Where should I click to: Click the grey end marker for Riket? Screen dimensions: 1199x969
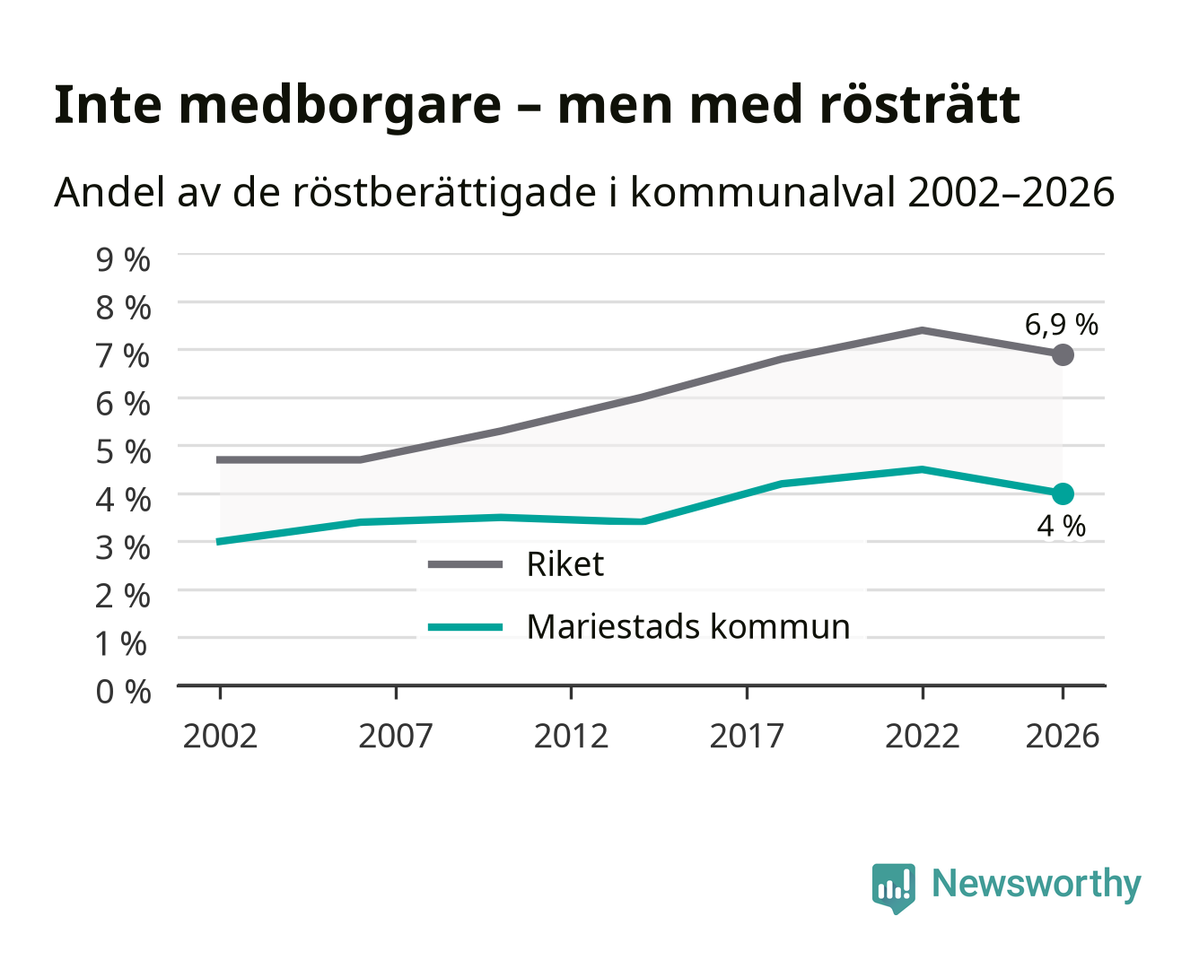(x=1063, y=354)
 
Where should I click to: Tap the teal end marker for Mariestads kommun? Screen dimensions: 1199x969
(x=1063, y=493)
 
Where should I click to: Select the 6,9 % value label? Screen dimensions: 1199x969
(x=1061, y=325)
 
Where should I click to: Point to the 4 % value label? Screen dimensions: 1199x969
(x=1061, y=526)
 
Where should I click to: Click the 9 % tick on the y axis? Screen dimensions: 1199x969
(x=123, y=260)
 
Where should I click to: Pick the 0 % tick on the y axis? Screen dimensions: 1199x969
(x=123, y=692)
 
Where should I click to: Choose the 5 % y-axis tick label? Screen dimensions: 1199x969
(x=123, y=452)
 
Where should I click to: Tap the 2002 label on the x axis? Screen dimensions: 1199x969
(x=220, y=736)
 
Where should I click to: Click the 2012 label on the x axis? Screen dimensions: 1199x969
(x=571, y=736)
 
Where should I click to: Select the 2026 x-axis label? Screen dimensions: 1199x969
(x=1063, y=736)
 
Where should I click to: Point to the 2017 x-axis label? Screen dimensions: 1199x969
(x=747, y=736)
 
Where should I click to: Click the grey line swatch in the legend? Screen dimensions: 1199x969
(x=465, y=564)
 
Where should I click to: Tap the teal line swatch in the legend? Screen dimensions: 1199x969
(x=465, y=627)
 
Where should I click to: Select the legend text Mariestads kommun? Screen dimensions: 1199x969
(x=687, y=627)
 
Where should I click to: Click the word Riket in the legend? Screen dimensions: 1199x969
(x=565, y=563)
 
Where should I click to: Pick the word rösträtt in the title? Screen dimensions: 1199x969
(x=920, y=104)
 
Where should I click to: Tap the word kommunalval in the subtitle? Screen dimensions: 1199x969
(x=763, y=192)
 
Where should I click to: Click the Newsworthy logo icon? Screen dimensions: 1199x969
(x=893, y=888)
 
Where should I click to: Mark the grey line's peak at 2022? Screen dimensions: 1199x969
(x=922, y=330)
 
